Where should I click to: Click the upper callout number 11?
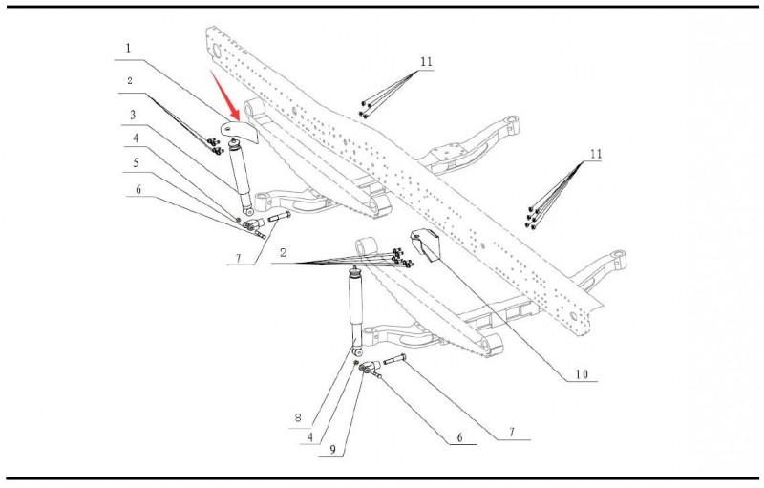coord(426,61)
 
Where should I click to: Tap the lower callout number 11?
coord(597,153)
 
